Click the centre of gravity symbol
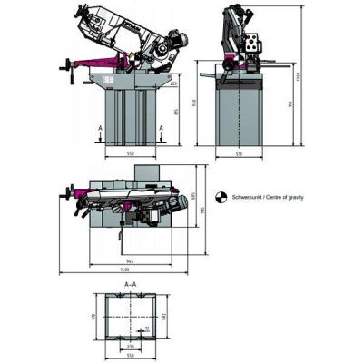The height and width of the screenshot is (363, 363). (221, 195)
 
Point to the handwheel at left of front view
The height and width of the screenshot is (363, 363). (67, 66)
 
